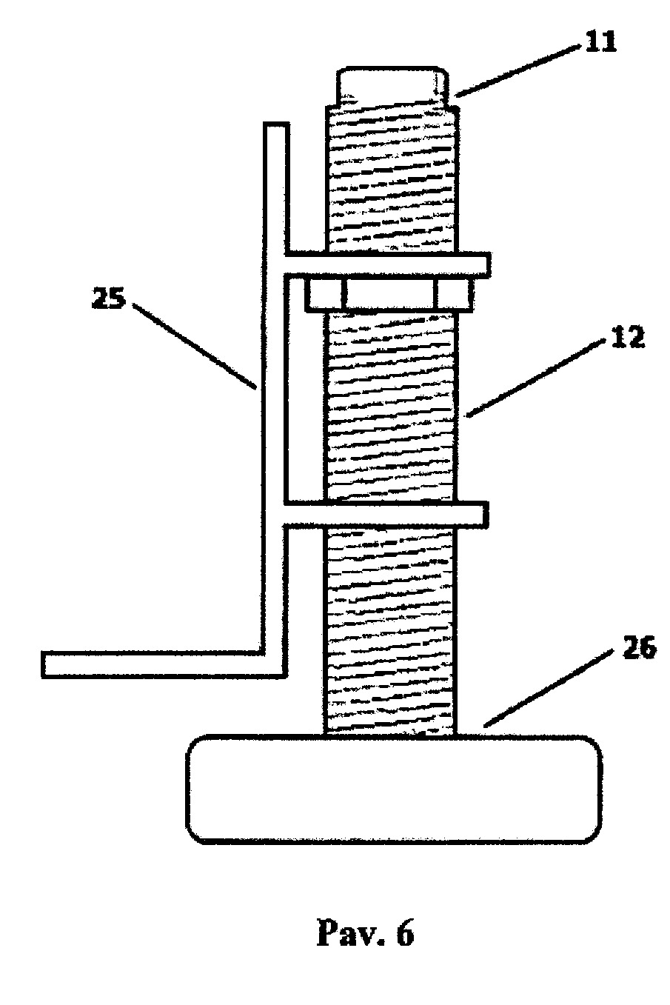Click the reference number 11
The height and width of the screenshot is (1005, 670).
pos(599,43)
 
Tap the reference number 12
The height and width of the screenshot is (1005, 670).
pos(626,337)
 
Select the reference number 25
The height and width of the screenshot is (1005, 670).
pos(108,298)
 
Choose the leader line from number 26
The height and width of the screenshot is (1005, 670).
pos(549,690)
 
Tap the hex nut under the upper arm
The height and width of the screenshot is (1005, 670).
pos(389,294)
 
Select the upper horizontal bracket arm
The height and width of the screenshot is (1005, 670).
pos(386,264)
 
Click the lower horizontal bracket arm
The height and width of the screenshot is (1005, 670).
pos(386,515)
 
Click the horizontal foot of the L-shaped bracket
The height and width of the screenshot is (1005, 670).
pos(162,664)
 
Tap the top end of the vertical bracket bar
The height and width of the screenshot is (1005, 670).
pos(275,124)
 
